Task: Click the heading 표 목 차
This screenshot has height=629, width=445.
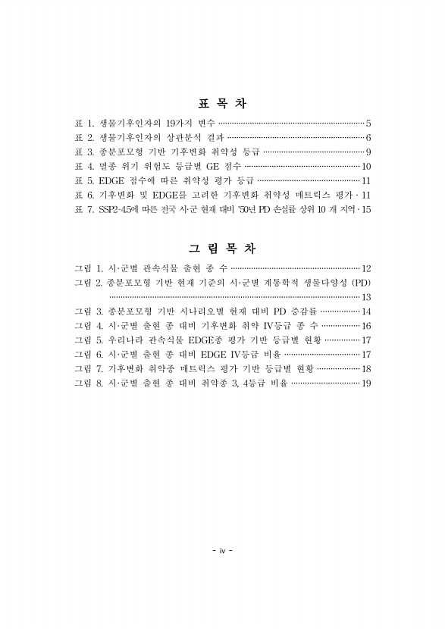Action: (x=222, y=104)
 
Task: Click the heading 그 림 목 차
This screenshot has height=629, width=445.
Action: (x=222, y=249)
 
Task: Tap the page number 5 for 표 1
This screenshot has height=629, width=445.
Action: (x=368, y=123)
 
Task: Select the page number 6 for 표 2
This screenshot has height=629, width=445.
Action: (x=368, y=137)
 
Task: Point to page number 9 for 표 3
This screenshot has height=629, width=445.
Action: (x=368, y=152)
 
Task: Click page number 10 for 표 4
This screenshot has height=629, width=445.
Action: (x=365, y=166)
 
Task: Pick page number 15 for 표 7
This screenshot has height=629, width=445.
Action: (x=365, y=209)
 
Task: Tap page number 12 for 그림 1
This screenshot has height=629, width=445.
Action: (x=365, y=268)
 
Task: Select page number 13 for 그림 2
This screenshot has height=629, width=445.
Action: (x=365, y=296)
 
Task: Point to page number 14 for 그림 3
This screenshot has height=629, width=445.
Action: (x=365, y=311)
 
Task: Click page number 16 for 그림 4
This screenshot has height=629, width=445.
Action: (x=365, y=325)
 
